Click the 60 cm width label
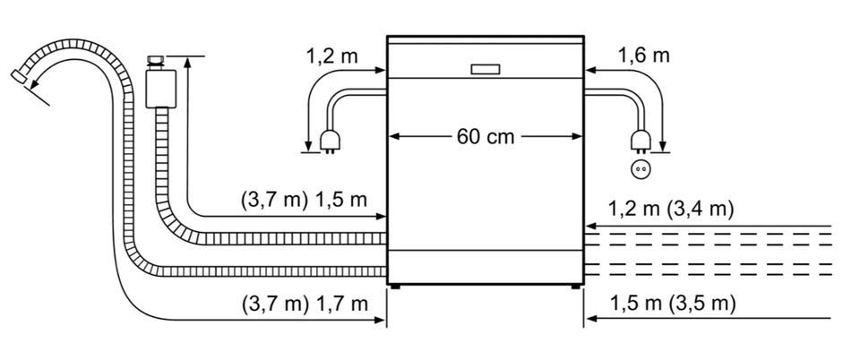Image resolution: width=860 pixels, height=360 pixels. click(x=486, y=136)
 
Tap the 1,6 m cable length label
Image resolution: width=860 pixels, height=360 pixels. click(x=644, y=56)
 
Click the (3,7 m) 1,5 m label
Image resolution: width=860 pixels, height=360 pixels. click(x=304, y=200)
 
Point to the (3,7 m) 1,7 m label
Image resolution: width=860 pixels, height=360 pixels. click(x=305, y=304)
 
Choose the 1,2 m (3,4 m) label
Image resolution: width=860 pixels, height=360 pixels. click(x=671, y=210)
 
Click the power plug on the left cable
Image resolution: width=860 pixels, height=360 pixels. click(x=330, y=141)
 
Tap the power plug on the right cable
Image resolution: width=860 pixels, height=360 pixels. click(x=640, y=141)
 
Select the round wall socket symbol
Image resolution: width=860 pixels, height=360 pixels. click(x=640, y=170)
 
